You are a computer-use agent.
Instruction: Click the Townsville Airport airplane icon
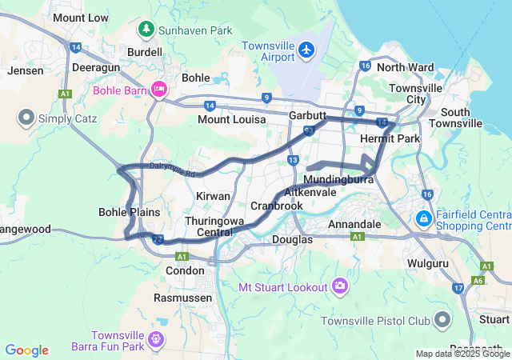305,50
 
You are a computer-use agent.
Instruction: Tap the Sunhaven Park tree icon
146,30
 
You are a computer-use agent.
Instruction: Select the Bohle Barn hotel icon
158,90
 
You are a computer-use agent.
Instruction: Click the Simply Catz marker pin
26,119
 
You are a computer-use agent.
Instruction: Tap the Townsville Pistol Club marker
442,321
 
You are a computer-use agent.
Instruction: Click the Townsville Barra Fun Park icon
156,340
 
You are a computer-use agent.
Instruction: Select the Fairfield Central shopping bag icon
423,218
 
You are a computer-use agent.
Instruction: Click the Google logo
26,350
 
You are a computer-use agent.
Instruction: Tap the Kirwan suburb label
213,196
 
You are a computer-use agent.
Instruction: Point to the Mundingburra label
339,181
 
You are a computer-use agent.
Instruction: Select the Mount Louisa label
231,120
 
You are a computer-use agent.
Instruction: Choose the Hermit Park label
390,139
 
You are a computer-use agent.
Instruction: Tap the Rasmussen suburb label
183,298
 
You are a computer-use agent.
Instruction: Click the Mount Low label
80,18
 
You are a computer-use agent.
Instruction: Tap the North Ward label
405,67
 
